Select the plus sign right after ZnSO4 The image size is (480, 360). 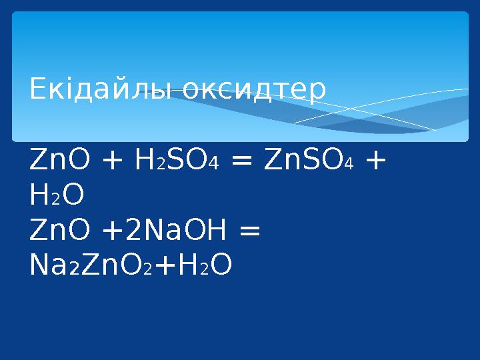375,161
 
